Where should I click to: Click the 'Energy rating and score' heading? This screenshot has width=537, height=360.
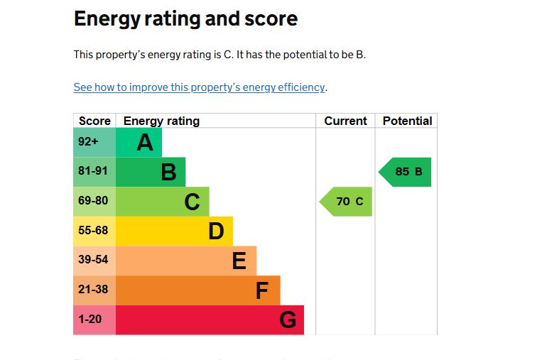click(185, 19)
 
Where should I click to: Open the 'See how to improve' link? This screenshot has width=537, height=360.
click(199, 87)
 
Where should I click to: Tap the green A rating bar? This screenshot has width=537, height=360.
click(139, 142)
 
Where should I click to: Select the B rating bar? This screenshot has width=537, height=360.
click(150, 172)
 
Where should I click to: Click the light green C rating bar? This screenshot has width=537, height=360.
click(162, 202)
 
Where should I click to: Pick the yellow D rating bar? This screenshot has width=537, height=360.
click(174, 231)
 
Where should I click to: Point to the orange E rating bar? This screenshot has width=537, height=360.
click(185, 261)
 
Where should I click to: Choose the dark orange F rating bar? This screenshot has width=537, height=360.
click(197, 290)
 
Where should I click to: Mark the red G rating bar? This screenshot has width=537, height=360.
click(210, 320)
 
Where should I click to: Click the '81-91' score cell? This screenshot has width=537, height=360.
click(94, 172)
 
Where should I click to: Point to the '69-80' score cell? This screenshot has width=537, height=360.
click(94, 202)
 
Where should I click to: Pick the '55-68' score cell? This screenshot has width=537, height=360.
click(94, 231)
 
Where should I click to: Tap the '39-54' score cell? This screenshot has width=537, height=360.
click(94, 261)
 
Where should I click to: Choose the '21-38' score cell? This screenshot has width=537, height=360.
click(94, 290)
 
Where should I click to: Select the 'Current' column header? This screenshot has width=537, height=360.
click(345, 121)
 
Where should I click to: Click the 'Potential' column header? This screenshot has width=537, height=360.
click(407, 121)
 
